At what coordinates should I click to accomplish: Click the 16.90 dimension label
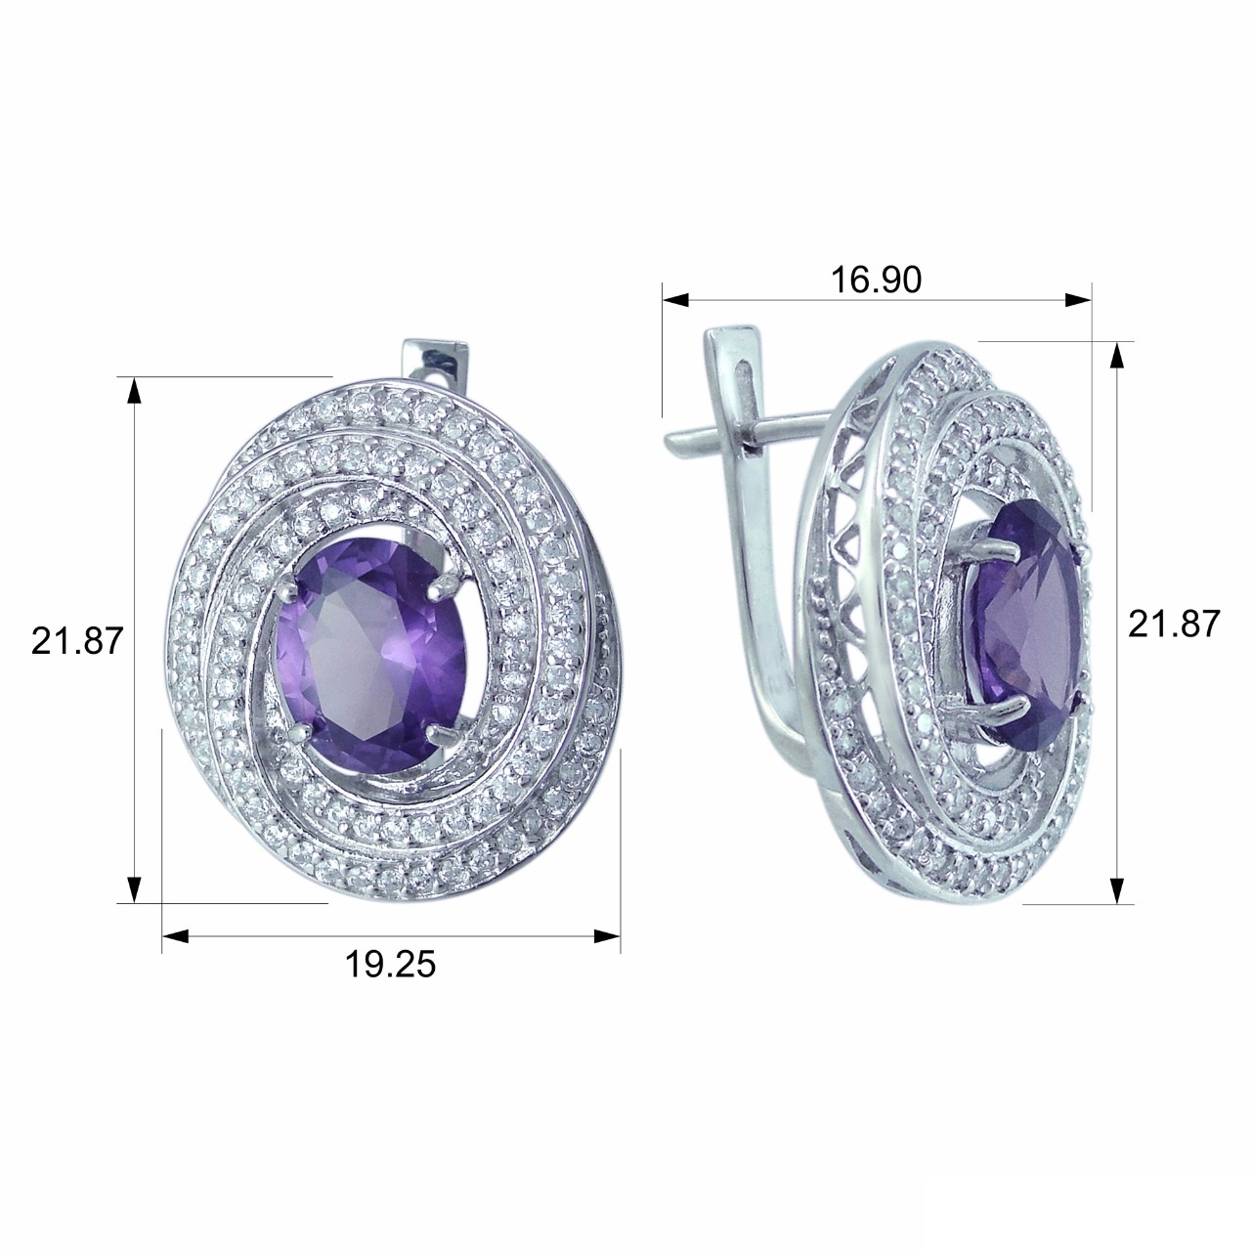pyautogui.click(x=876, y=280)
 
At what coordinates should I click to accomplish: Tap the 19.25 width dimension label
pyautogui.click(x=390, y=964)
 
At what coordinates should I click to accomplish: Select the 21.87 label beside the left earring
pyautogui.click(x=77, y=641)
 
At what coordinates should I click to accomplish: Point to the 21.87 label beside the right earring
pyautogui.click(x=1175, y=624)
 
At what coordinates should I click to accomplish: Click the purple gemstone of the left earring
pyautogui.click(x=371, y=658)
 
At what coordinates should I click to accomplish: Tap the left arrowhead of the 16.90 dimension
pyautogui.click(x=675, y=299)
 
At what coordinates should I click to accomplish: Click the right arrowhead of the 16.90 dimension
pyautogui.click(x=1078, y=299)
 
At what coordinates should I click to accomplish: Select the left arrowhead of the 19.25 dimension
pyautogui.click(x=175, y=935)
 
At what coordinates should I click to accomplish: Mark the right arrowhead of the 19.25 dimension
pyautogui.click(x=607, y=935)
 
